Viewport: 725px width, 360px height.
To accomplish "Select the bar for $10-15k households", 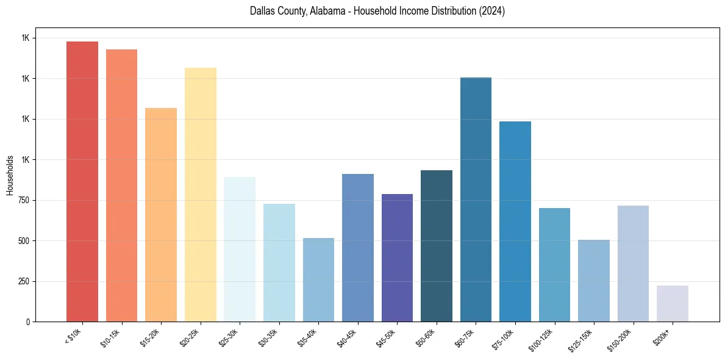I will [x=121, y=185].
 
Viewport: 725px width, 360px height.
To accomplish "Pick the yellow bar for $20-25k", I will [x=201, y=195].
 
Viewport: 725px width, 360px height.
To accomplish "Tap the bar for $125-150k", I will [x=594, y=281].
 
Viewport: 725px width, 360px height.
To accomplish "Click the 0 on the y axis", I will [x=28, y=322].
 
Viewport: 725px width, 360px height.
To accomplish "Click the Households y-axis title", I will [x=10, y=175].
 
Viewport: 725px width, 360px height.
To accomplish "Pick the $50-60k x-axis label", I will [x=426, y=337].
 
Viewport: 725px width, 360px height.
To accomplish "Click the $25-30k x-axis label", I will [x=228, y=337].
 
